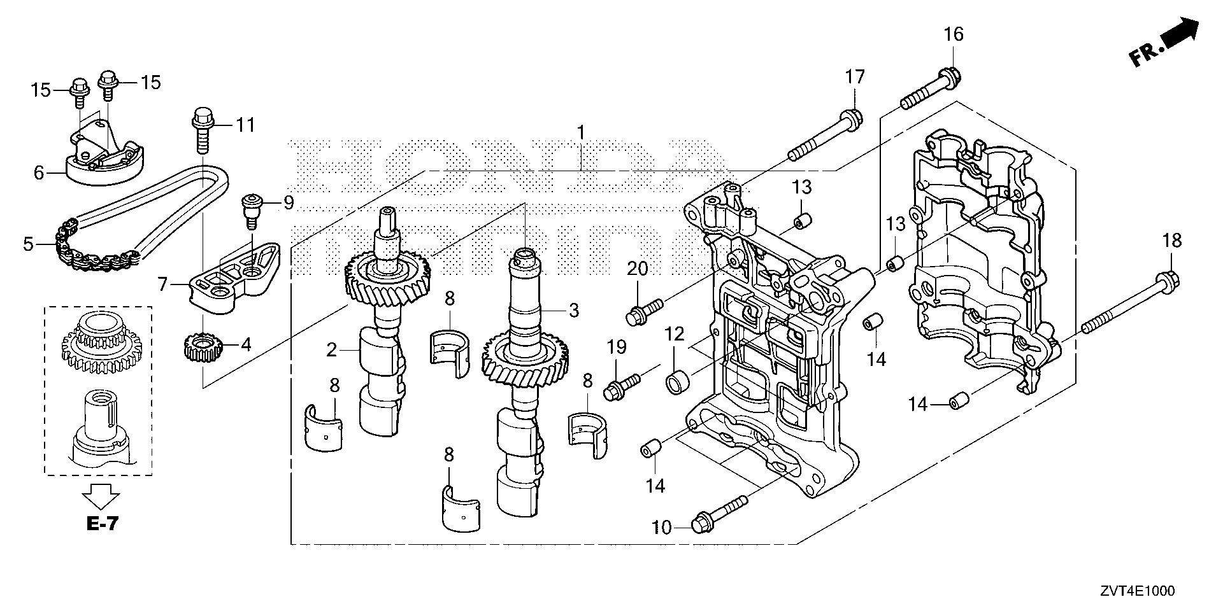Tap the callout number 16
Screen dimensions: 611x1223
pyautogui.click(x=954, y=34)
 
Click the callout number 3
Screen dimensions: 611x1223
pyautogui.click(x=573, y=311)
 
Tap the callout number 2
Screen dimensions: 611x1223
pyautogui.click(x=331, y=349)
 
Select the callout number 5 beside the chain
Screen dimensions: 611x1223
pyautogui.click(x=27, y=244)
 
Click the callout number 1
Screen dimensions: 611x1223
pyautogui.click(x=580, y=132)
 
